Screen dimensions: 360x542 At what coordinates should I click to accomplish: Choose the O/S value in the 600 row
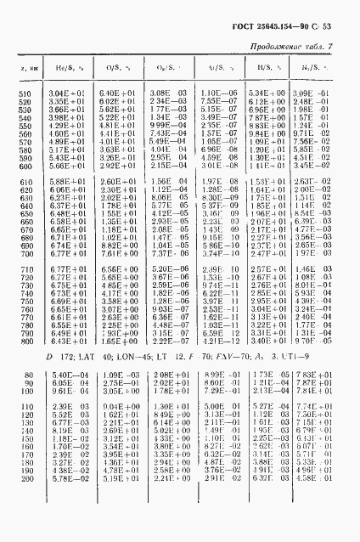(x=113, y=166)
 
